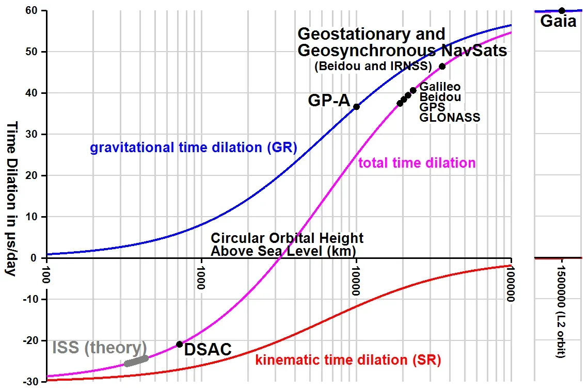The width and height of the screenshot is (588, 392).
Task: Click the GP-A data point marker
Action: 356,107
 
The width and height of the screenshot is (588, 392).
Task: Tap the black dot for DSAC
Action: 179,344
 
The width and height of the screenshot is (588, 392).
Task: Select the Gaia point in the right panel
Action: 562,10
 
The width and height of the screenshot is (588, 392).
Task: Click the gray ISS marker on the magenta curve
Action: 136,361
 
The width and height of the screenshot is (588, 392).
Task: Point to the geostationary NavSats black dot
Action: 442,66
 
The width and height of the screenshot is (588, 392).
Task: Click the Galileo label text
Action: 440,87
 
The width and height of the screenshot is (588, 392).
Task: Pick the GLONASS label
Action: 450,118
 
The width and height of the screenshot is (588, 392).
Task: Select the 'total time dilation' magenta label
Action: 417,164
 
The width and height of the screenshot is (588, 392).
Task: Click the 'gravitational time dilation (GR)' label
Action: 194,148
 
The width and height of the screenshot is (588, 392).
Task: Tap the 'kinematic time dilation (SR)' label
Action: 348,360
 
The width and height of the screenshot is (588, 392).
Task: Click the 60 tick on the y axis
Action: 36,10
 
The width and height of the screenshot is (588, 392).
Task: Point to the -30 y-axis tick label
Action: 34,382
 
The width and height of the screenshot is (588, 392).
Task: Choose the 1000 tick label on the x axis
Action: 201,277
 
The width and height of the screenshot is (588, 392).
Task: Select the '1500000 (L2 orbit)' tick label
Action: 562,313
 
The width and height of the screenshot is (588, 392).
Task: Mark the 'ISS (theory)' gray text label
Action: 99,347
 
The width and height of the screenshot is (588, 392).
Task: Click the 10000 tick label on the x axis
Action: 356,280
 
